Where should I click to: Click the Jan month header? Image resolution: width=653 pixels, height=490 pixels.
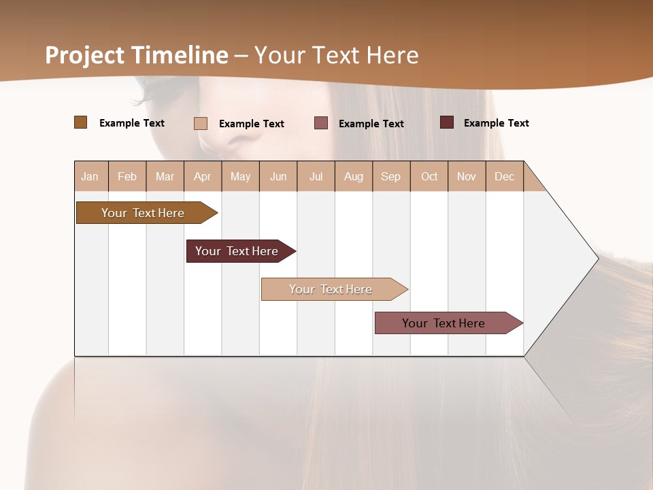pyautogui.click(x=90, y=176)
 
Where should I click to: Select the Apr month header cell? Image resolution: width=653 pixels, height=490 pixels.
pyautogui.click(x=203, y=176)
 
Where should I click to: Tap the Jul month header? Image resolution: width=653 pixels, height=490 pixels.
pyautogui.click(x=316, y=176)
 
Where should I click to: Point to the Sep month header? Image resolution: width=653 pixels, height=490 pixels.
pyautogui.click(x=391, y=176)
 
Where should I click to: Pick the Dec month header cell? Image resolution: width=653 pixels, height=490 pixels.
pyautogui.click(x=504, y=176)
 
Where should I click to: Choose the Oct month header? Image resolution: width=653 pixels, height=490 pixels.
pyautogui.click(x=429, y=176)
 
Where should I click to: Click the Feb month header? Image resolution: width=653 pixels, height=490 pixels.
pyautogui.click(x=127, y=176)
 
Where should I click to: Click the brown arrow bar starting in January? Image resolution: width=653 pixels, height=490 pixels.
pyautogui.click(x=143, y=213)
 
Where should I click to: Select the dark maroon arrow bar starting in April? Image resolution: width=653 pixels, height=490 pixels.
pyautogui.click(x=237, y=251)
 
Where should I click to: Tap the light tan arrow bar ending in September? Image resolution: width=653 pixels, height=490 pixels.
pyautogui.click(x=331, y=289)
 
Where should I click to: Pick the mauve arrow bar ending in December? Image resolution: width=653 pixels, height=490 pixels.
pyautogui.click(x=443, y=323)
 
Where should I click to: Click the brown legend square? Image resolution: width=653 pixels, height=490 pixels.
pyautogui.click(x=80, y=122)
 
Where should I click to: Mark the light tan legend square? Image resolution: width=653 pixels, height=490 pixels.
pyautogui.click(x=200, y=123)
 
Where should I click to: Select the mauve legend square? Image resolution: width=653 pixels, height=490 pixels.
pyautogui.click(x=321, y=123)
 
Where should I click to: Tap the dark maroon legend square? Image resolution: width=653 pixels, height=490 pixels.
pyautogui.click(x=446, y=122)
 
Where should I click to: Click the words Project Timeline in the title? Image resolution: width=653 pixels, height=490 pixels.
pyautogui.click(x=136, y=55)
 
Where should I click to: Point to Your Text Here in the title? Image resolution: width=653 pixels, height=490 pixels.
pyautogui.click(x=336, y=55)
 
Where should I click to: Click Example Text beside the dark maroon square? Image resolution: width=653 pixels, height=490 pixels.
pyautogui.click(x=496, y=123)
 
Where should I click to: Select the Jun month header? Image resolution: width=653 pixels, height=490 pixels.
pyautogui.click(x=278, y=176)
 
